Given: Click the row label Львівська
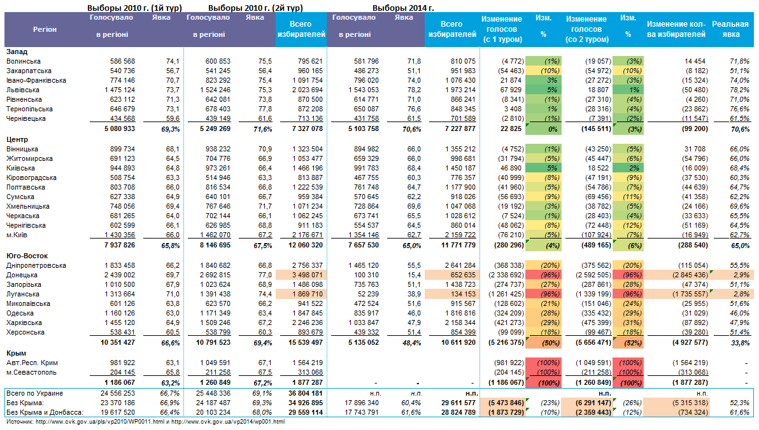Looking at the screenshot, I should [23, 90].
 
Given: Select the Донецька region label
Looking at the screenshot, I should [22, 275].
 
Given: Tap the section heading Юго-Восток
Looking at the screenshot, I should [25, 255].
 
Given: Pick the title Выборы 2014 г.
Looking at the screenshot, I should [403, 8].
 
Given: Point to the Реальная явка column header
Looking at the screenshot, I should [730, 29].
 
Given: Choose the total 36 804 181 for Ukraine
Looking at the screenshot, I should [303, 393].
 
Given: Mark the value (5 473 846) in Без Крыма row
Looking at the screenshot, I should [507, 403].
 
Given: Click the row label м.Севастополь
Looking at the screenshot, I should [32, 372].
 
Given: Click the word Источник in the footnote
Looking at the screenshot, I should [20, 422].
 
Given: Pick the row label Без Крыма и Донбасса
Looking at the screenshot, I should [42, 412].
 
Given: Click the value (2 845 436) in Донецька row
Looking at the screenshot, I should [681, 275].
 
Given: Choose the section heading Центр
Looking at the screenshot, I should [17, 139].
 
